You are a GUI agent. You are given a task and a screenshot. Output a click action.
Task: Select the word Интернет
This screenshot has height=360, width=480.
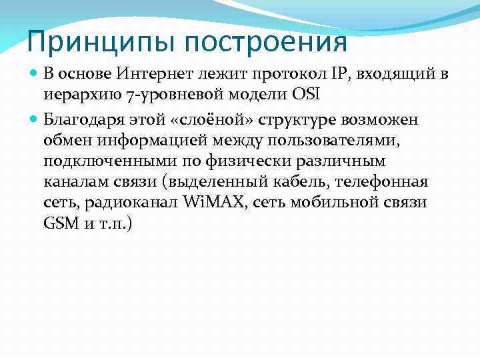(147, 73)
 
